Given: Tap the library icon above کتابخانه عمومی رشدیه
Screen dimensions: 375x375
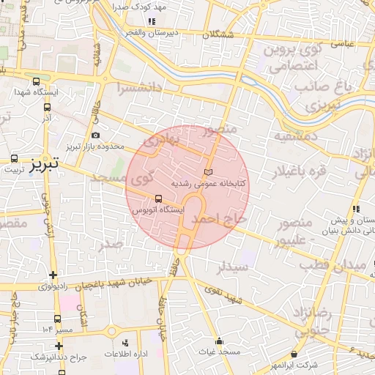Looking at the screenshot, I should point(209,170).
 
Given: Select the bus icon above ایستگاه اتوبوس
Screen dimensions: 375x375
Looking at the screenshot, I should point(159,198).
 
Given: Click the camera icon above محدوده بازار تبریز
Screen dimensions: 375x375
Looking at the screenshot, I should point(96,135).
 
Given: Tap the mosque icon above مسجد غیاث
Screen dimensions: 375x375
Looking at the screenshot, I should point(219,341).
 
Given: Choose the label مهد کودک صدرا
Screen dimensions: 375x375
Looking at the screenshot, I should point(140,6).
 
